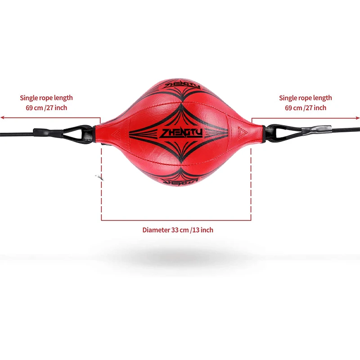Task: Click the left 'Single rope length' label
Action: (x=46, y=98)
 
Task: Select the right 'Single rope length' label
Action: (x=306, y=98)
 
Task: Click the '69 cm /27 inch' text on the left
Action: (x=46, y=108)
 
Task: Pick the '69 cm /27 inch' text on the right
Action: (x=306, y=108)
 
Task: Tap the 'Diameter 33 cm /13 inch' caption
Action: (x=178, y=230)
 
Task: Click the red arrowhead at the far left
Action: (x=2, y=118)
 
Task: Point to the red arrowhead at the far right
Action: (x=358, y=118)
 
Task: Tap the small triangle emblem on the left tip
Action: (x=112, y=133)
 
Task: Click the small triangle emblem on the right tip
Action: (x=242, y=132)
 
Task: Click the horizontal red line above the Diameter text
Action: (x=176, y=220)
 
